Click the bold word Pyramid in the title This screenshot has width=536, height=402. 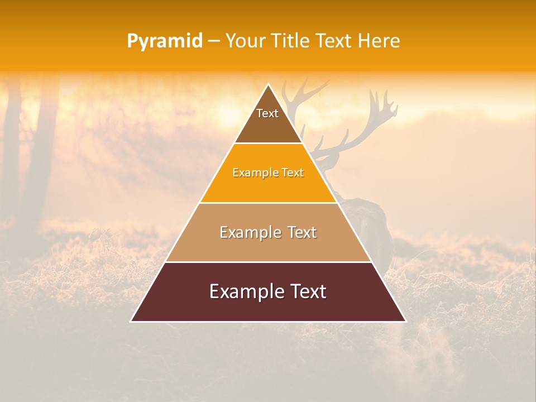coord(165,41)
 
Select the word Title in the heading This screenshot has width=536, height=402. coord(290,41)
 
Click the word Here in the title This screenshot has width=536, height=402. coord(379,41)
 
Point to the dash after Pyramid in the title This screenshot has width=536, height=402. coord(214,41)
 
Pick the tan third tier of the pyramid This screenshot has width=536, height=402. coord(268,248)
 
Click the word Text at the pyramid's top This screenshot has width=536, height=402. coord(267,113)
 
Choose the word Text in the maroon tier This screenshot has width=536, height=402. coord(308,291)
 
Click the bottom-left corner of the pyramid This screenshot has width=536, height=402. coord(131,321)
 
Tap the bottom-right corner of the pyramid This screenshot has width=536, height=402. coord(405,321)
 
